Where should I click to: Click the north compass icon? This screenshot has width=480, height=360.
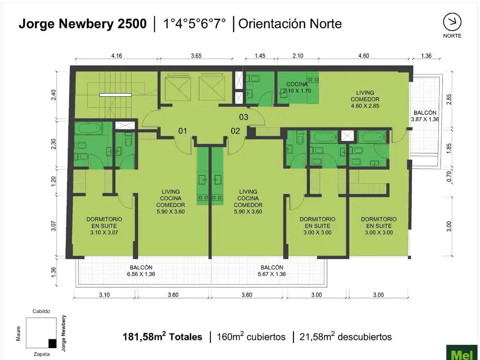[452, 22]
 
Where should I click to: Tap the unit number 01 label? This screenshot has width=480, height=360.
[182, 131]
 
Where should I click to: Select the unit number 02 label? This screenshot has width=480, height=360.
[235, 131]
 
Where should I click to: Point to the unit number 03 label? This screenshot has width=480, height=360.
[243, 117]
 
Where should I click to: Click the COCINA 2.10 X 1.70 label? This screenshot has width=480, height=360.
[298, 88]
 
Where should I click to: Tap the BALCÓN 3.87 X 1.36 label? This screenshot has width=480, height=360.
[425, 116]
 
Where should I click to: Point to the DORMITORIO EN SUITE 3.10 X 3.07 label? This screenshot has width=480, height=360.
[104, 225]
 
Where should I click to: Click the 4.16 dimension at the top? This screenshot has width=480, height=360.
[117, 56]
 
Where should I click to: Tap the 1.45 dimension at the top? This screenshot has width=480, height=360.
[260, 56]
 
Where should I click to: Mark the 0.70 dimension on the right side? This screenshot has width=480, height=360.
[449, 176]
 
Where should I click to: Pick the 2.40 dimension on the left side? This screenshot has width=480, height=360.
[54, 96]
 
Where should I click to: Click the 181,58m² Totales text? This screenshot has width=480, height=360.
[162, 337]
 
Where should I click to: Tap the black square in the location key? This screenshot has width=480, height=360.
[52, 343]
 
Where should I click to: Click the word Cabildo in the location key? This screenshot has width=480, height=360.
[41, 311]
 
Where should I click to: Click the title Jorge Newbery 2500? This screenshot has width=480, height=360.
[82, 24]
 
